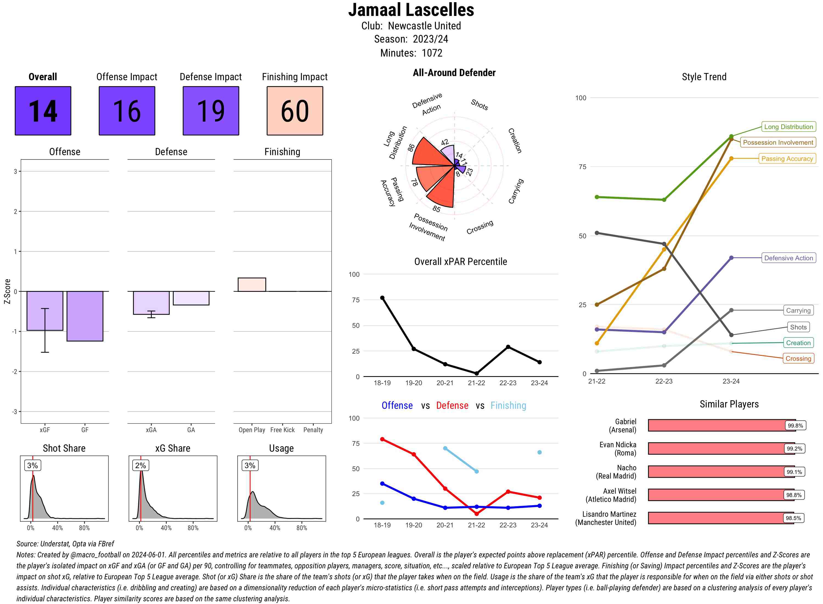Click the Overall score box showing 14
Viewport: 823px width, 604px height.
(x=43, y=111)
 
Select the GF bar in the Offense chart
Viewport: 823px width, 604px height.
(x=85, y=316)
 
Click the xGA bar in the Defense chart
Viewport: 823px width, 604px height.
(x=151, y=303)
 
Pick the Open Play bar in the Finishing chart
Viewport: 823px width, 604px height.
(x=252, y=284)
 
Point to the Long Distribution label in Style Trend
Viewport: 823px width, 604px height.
(x=788, y=127)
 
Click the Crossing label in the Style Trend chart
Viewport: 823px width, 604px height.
(x=798, y=359)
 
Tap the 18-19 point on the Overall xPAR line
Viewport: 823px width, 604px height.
(x=382, y=298)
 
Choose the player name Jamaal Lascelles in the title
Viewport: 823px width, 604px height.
(x=411, y=10)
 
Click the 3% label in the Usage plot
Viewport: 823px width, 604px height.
(x=250, y=465)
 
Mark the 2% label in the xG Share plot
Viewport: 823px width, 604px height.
(x=141, y=465)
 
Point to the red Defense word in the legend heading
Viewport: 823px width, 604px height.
(x=452, y=406)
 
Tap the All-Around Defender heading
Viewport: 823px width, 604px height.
(x=454, y=73)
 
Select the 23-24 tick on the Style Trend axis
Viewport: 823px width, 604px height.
(x=731, y=381)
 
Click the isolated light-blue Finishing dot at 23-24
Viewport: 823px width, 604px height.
(x=539, y=452)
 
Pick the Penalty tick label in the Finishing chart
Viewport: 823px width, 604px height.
(x=313, y=430)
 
